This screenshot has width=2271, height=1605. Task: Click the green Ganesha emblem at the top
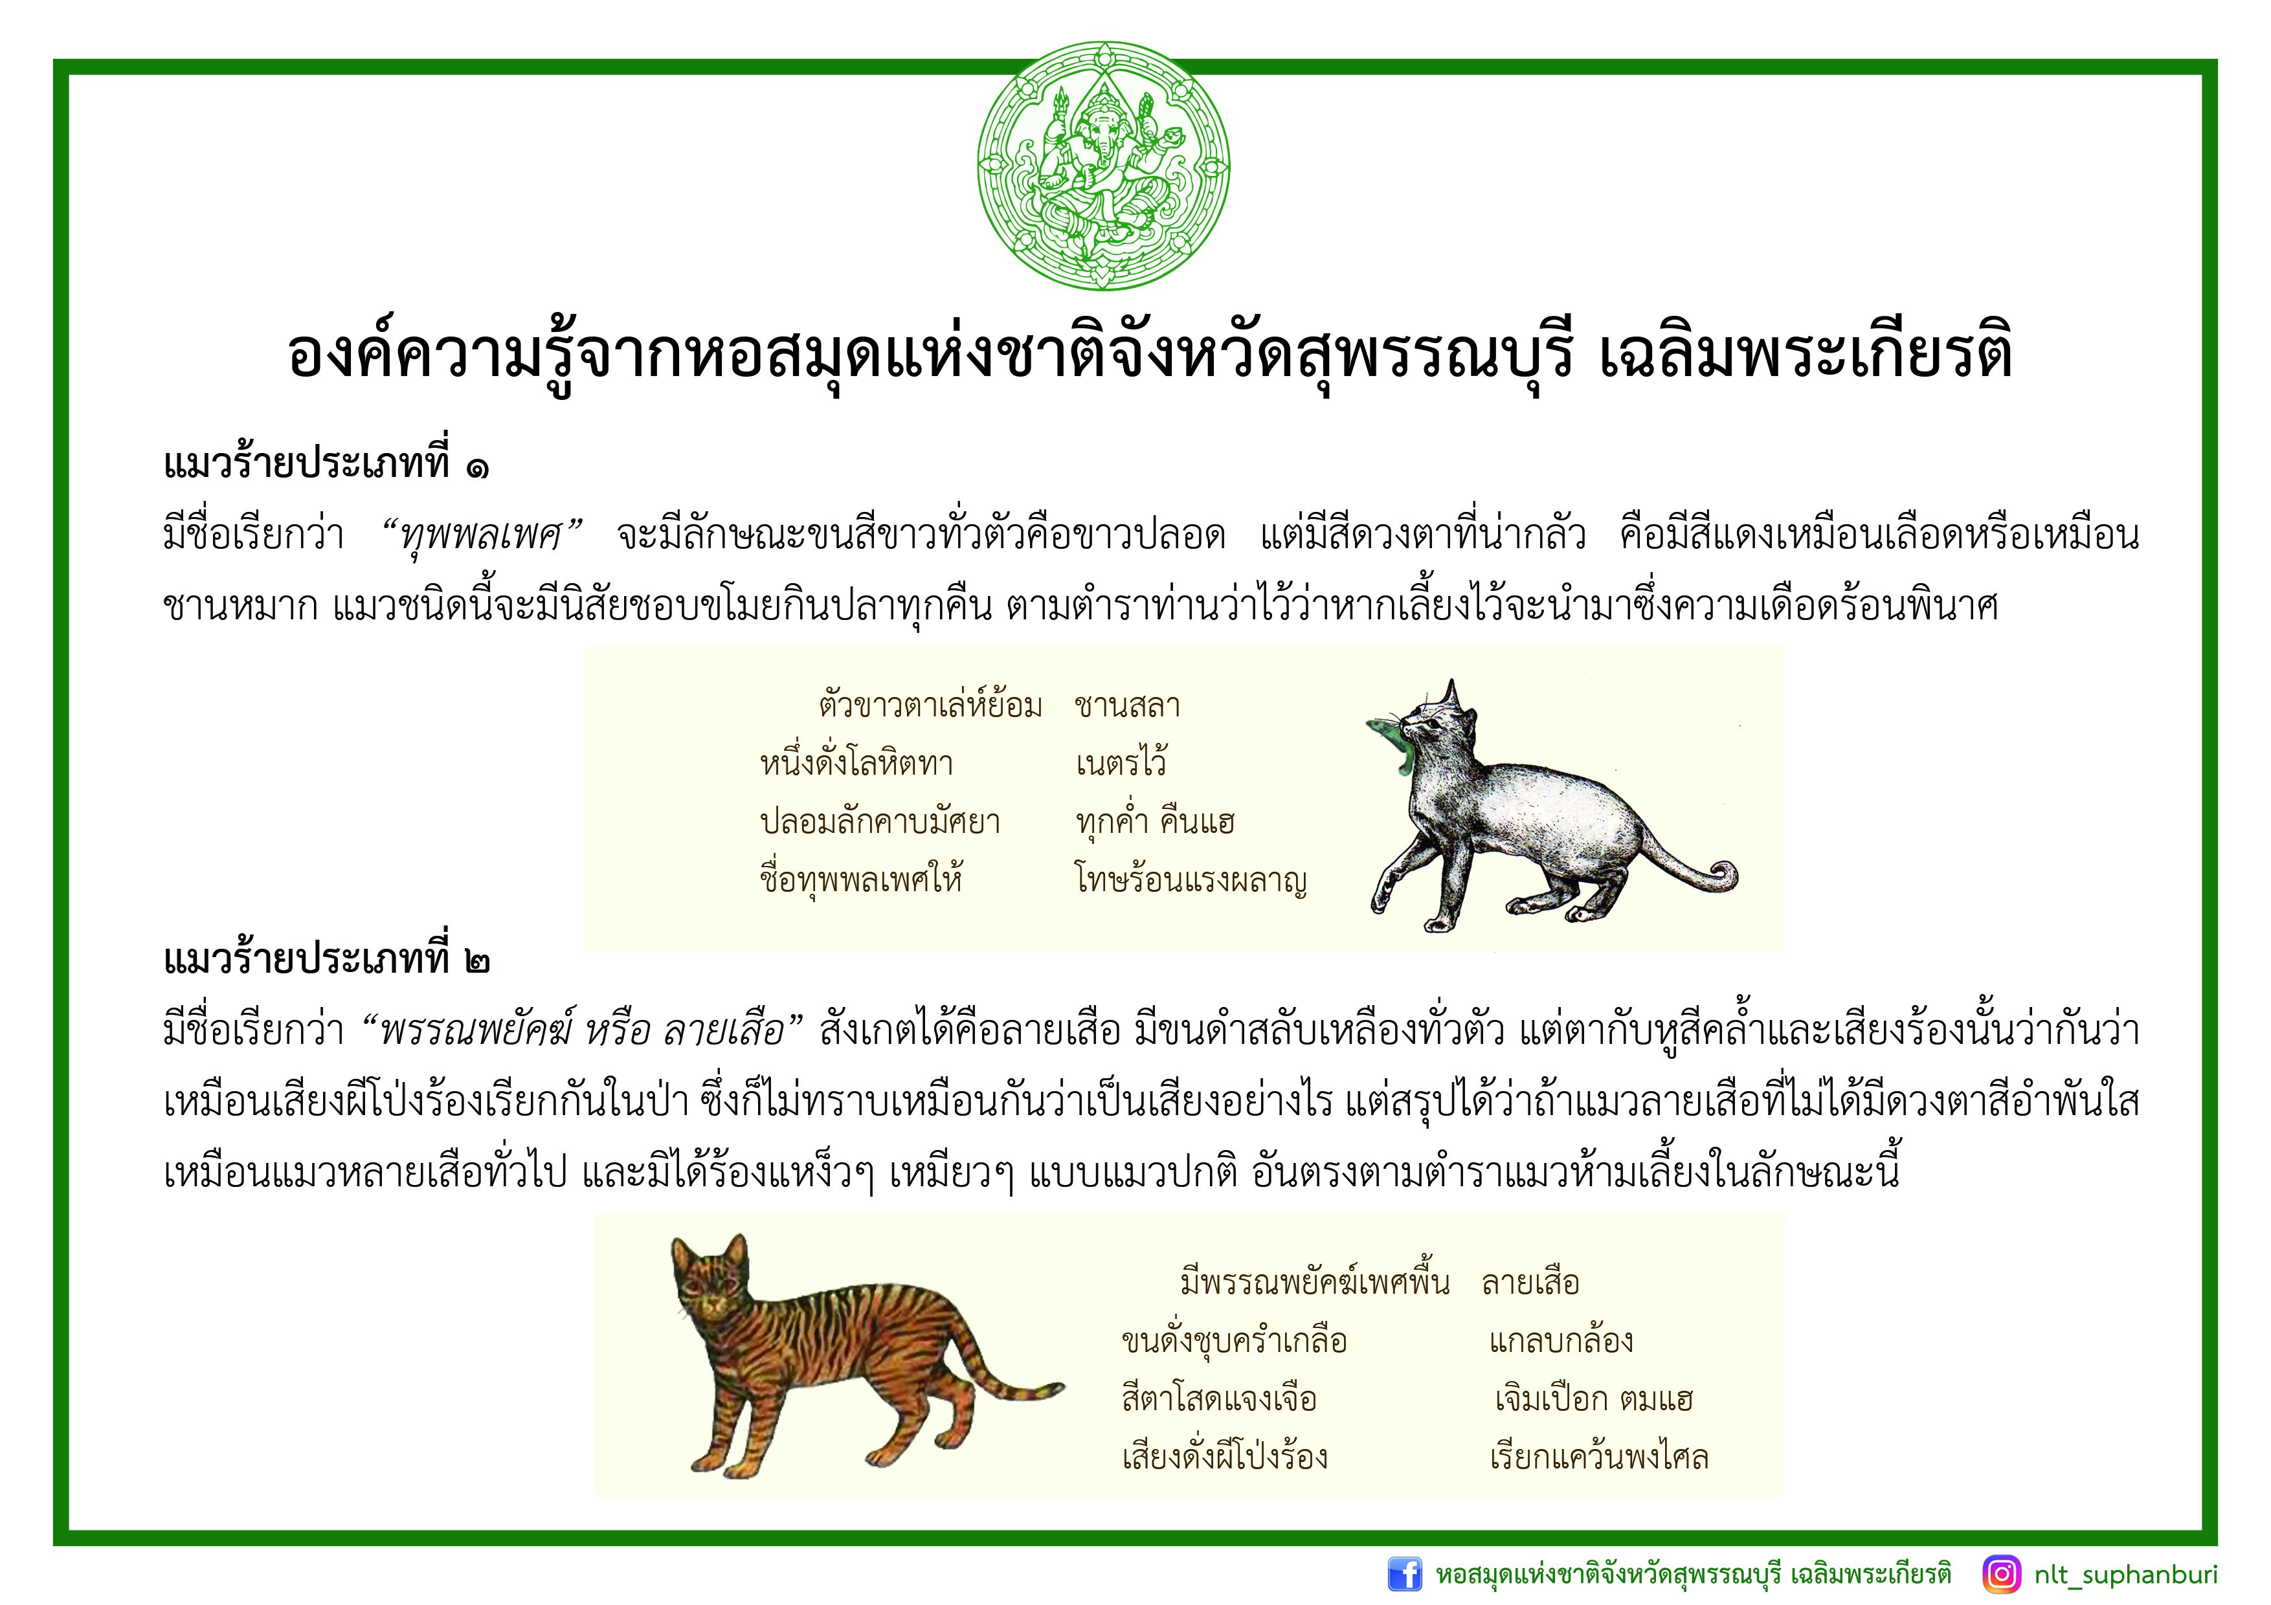[1103, 166]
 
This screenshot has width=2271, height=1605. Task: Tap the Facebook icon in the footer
[1405, 1573]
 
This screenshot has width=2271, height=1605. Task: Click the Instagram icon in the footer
[2002, 1573]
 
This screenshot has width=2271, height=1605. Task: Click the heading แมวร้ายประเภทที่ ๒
[326, 957]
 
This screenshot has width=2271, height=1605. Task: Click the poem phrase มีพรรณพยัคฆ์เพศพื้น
[1315, 1283]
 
